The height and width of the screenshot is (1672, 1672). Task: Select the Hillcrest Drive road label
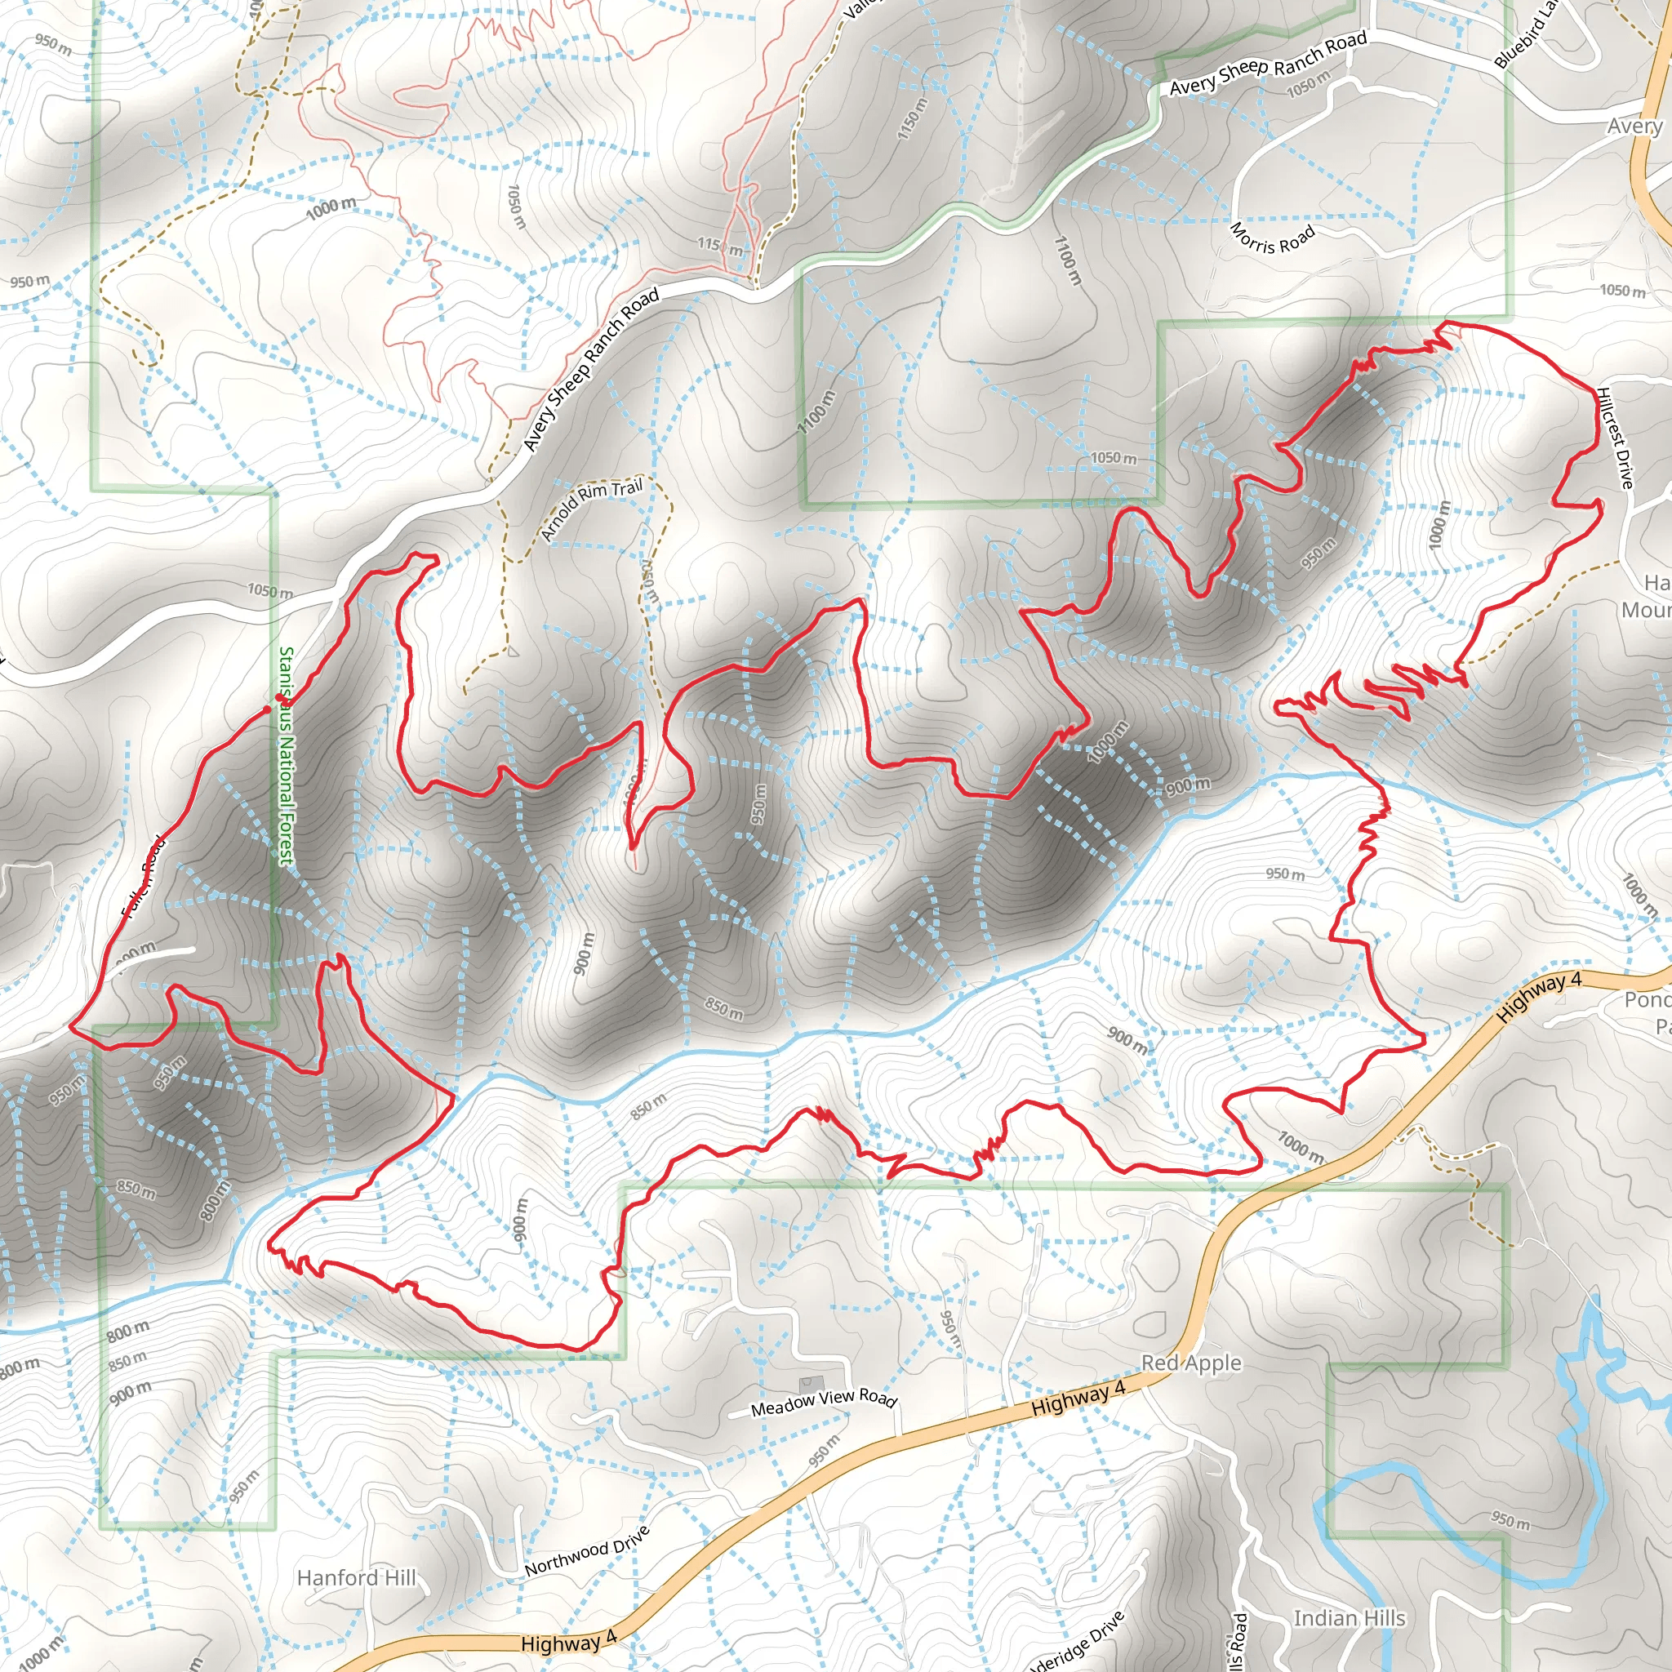pyautogui.click(x=1615, y=437)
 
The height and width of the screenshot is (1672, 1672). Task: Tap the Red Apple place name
pyautogui.click(x=1191, y=1363)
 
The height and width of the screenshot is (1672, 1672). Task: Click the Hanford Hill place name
pyautogui.click(x=356, y=1577)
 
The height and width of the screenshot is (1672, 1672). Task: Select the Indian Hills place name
pyautogui.click(x=1350, y=1617)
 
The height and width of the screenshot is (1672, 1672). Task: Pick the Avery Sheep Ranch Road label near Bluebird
pyautogui.click(x=1268, y=62)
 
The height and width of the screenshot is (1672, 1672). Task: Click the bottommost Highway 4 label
pyautogui.click(x=568, y=1642)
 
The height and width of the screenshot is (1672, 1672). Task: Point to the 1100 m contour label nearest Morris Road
pyautogui.click(x=1067, y=260)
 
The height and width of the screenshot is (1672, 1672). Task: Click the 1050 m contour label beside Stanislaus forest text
pyautogui.click(x=269, y=591)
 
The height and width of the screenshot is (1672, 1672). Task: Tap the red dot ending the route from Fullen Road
pyautogui.click(x=266, y=709)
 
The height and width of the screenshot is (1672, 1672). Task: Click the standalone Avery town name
pyautogui.click(x=1634, y=127)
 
